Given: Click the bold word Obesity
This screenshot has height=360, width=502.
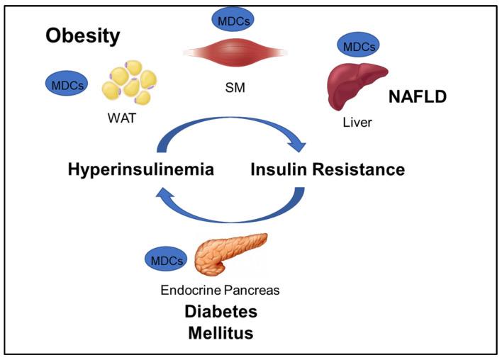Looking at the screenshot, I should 83,36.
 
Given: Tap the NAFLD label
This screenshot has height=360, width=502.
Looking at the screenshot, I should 417,97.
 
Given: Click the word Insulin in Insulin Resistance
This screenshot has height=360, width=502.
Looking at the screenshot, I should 280,170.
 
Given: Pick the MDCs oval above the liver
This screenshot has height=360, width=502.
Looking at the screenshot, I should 359,47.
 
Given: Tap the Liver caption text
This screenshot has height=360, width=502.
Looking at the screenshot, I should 356,123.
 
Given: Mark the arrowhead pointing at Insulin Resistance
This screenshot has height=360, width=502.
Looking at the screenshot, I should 301,145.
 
